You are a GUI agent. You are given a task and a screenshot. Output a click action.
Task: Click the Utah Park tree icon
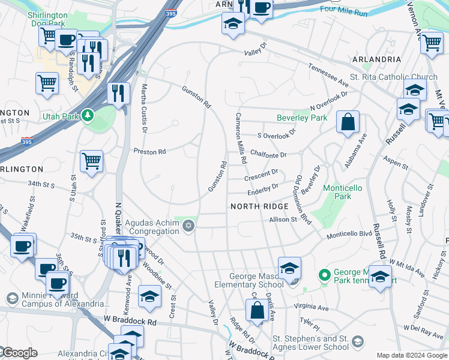(x=88, y=115)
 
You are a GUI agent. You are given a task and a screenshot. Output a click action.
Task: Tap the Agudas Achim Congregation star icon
(x=188, y=226)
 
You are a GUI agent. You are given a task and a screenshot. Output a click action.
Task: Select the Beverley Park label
(x=302, y=118)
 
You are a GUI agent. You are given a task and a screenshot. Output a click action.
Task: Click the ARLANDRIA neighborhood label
(x=376, y=59)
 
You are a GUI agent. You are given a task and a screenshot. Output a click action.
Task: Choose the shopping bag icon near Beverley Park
(x=348, y=122)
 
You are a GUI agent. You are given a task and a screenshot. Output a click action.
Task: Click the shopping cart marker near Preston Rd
(x=91, y=160)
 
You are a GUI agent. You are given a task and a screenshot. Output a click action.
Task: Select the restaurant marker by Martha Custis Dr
(x=118, y=93)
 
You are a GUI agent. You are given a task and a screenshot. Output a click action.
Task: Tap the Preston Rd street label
(x=149, y=152)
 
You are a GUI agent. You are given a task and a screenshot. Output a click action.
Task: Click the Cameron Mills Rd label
(x=241, y=139)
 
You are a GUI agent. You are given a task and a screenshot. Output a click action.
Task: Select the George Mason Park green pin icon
(x=325, y=275)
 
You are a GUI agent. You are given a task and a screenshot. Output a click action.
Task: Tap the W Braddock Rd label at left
(x=130, y=322)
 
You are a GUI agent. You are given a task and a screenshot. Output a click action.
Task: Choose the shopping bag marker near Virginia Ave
(x=257, y=311)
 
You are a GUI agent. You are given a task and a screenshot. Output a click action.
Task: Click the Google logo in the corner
(x=19, y=353)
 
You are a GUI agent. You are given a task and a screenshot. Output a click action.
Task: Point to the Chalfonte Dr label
(x=268, y=155)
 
